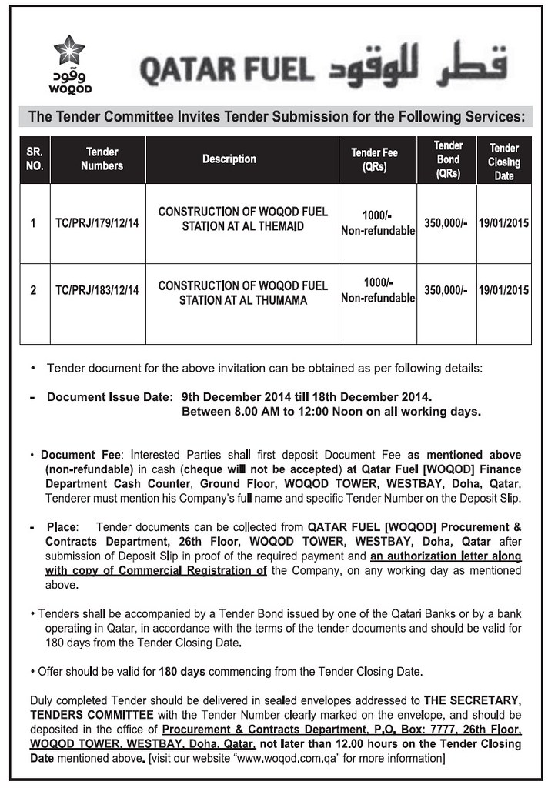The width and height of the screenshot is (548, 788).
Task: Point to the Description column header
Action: click(x=229, y=159)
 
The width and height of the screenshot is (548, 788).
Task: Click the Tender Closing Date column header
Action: click(x=504, y=162)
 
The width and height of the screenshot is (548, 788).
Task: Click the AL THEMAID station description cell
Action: click(x=242, y=219)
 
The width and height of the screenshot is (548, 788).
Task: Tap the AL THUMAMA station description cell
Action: click(x=242, y=292)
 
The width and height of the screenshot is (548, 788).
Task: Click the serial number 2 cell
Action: click(x=33, y=291)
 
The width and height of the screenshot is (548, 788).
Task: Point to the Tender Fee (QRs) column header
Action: click(x=374, y=159)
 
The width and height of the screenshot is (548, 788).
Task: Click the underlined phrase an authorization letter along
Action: click(x=445, y=556)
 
